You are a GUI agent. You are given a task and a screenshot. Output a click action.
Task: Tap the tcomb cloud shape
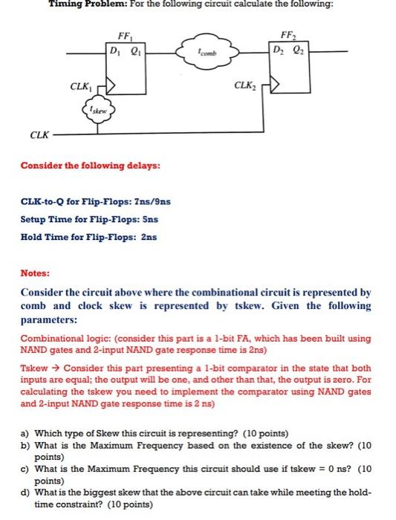coord(207,52)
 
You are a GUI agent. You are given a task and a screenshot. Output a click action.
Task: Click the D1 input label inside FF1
coord(114,51)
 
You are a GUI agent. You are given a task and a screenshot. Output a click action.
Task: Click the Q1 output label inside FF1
coord(134,51)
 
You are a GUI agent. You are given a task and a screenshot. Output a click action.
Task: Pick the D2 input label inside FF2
coord(278,51)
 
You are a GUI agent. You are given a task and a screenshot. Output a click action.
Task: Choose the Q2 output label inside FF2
coord(298,51)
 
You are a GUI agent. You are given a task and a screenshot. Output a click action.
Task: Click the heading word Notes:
coord(36,273)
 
